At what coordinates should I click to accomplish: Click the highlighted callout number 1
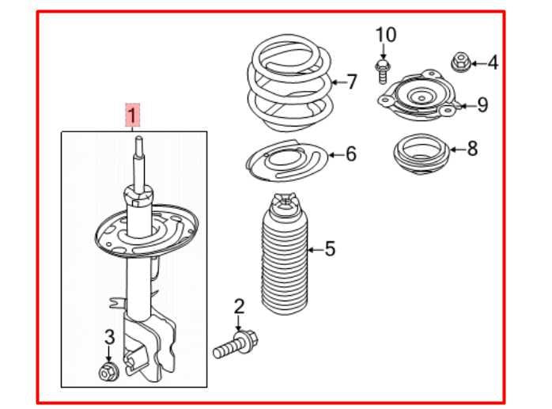click(x=133, y=116)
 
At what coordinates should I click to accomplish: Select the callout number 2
click(x=238, y=306)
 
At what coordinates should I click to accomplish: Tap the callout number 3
click(x=109, y=339)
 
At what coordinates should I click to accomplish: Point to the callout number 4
click(x=492, y=62)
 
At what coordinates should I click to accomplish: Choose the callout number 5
click(x=330, y=249)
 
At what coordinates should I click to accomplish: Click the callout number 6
click(x=350, y=153)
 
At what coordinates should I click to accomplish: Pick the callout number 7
click(x=352, y=81)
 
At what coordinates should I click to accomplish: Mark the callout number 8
click(x=472, y=147)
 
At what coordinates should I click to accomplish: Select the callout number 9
click(x=482, y=104)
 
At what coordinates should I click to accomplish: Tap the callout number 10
click(x=385, y=35)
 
